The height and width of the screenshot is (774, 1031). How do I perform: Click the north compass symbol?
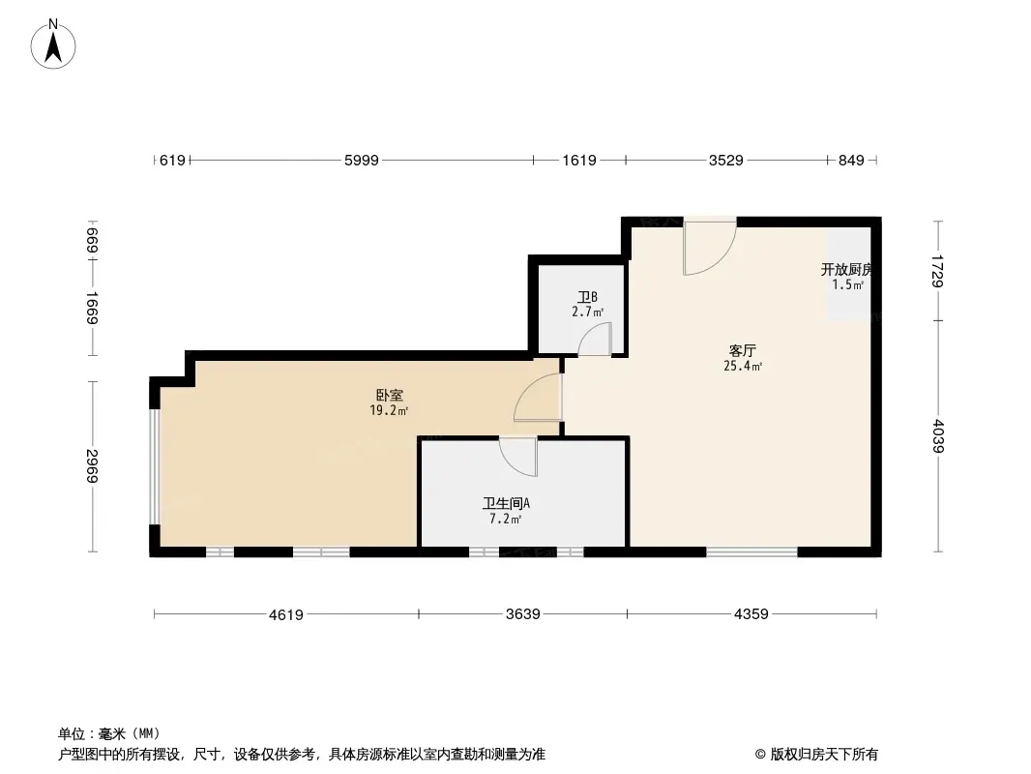55,44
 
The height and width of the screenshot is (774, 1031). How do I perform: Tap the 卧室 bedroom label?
390,395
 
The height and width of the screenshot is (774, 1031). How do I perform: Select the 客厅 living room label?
742,350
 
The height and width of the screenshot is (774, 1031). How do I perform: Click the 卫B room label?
587,297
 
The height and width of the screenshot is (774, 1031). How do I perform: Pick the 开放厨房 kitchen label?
847,269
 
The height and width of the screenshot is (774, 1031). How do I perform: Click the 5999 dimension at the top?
361,161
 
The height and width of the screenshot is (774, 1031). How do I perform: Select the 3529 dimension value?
725,161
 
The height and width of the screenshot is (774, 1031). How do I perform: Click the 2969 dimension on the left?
92,466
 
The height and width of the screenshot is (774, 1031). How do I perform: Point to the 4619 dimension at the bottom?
286,613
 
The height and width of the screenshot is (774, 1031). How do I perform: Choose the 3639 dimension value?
522,613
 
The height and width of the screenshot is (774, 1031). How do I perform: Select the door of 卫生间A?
519,456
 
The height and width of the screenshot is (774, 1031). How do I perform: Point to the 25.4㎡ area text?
742,367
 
